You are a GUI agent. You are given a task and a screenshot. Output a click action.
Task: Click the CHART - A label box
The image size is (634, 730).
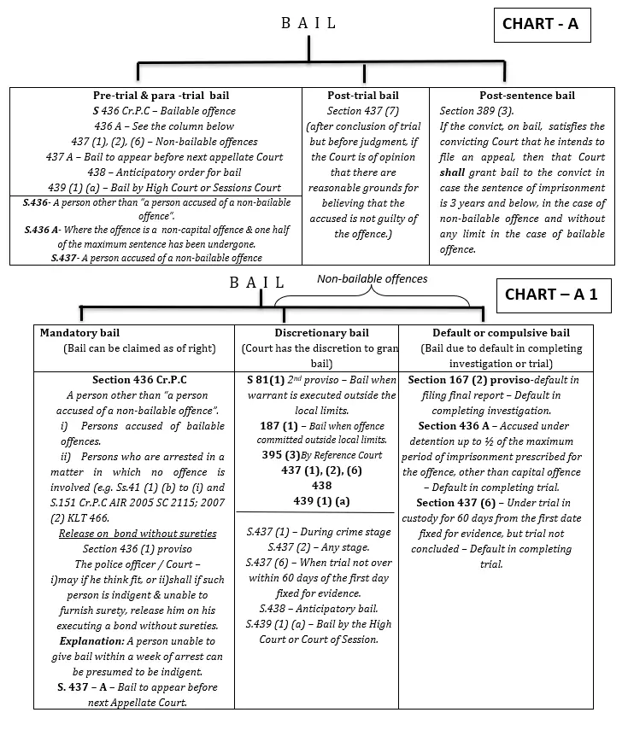coord(541,24)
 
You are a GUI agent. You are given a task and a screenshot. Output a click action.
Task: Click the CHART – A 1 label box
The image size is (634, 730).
coord(551,295)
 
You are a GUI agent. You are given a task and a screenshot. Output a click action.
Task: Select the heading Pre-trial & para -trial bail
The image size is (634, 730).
coord(161,96)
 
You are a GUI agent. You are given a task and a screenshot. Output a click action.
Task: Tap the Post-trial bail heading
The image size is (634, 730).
coord(363,96)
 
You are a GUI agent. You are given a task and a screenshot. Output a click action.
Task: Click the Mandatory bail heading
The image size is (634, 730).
coord(79,333)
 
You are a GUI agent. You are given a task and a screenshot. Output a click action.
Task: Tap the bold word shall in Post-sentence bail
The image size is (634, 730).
coord(454,172)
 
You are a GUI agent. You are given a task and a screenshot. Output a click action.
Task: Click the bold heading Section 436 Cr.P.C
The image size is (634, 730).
coord(139,380)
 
